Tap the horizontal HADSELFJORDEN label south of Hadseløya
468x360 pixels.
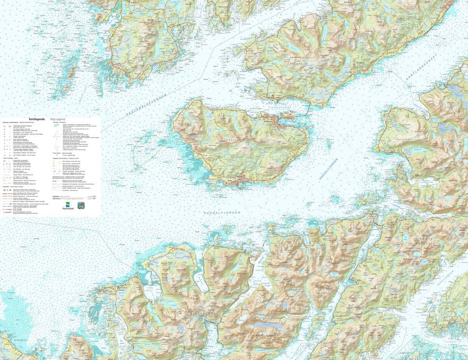tap(222, 213)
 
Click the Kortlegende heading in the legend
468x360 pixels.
tap(39, 119)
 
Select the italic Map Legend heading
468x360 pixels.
tap(57, 119)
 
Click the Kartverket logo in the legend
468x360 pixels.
tap(67, 205)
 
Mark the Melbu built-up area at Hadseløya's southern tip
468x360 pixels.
tap(239, 181)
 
